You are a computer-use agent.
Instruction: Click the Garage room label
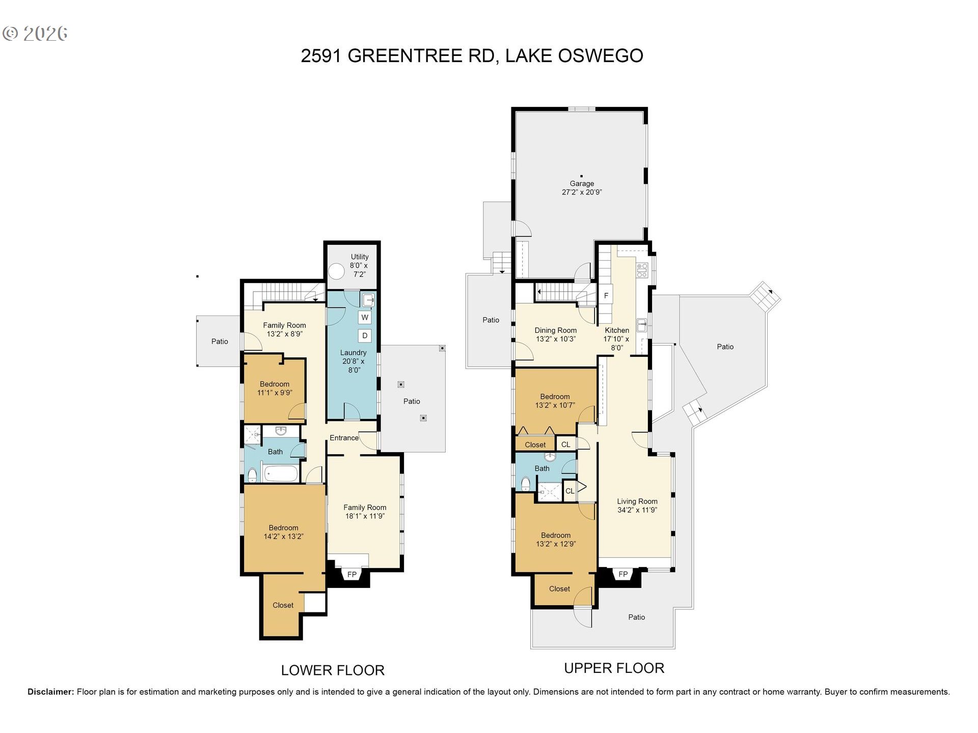[x=582, y=184]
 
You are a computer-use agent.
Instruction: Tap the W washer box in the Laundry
[x=365, y=318]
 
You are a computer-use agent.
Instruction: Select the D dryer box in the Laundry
[x=365, y=335]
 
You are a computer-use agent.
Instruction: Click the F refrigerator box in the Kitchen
[x=606, y=296]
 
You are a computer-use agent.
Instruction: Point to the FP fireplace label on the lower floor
[x=352, y=575]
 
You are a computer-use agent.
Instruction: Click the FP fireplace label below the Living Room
[x=623, y=574]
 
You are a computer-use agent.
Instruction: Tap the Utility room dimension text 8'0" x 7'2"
[x=359, y=270]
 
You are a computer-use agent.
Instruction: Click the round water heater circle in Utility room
[x=336, y=271]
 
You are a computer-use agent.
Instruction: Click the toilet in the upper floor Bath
[x=526, y=483]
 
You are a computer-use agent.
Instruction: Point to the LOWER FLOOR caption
[x=333, y=670]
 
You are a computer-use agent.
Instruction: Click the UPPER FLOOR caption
[x=614, y=668]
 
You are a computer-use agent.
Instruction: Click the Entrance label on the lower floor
[x=344, y=438]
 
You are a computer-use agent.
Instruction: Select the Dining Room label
[x=555, y=330]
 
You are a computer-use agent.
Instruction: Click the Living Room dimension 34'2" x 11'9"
[x=637, y=510]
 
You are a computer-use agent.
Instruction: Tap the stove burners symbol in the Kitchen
[x=642, y=270]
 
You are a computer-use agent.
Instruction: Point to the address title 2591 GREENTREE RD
[x=397, y=55]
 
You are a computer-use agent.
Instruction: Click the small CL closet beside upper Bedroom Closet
[x=566, y=444]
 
